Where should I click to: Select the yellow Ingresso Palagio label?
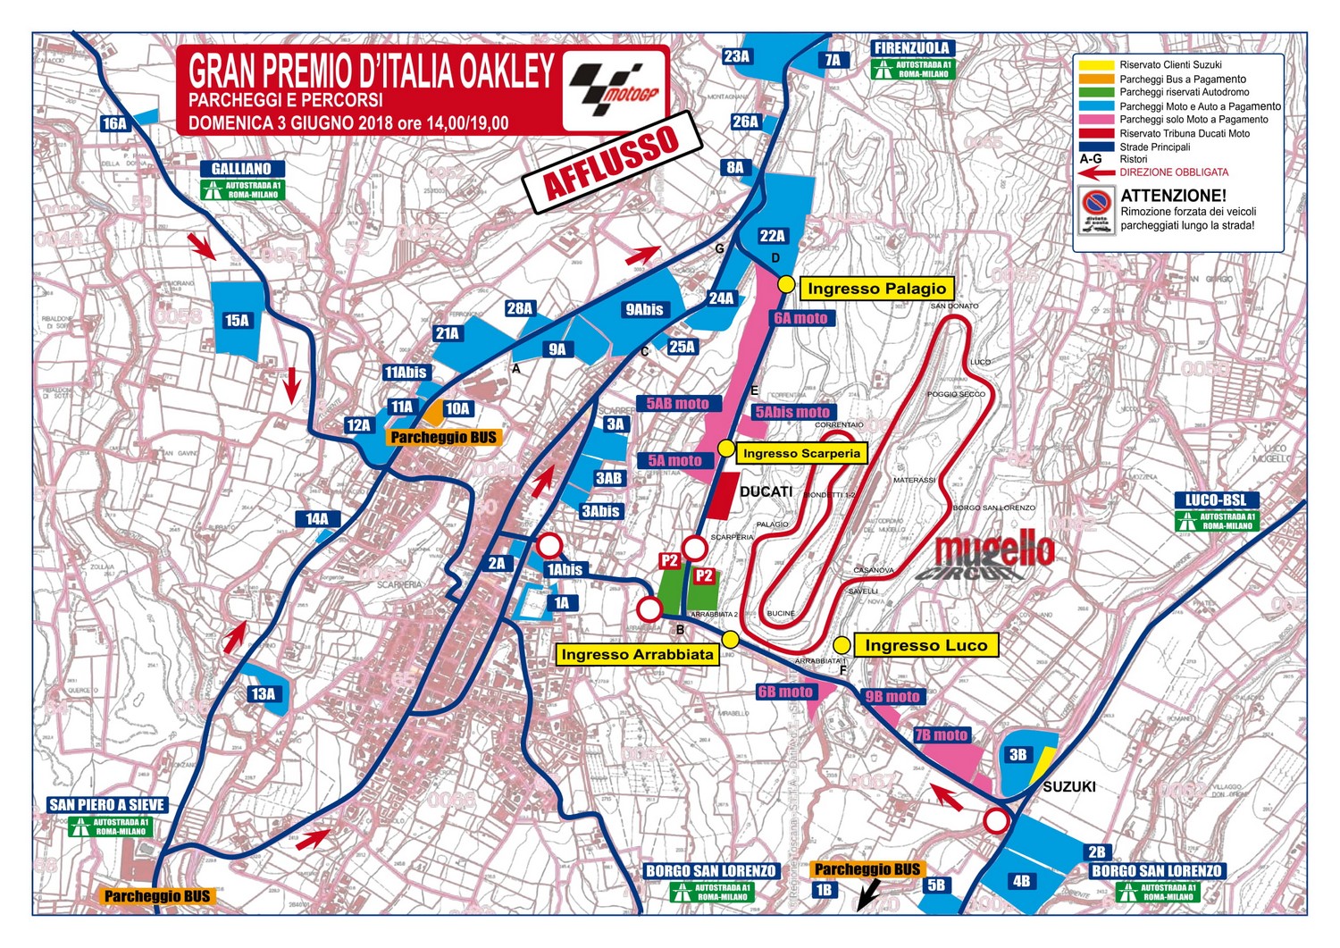pos(876,288)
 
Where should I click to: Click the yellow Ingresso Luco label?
pos(925,645)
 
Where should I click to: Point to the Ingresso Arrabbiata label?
pos(637,654)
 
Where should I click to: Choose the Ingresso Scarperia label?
pos(801,453)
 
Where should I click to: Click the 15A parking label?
pos(237,320)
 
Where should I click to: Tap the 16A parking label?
pos(114,123)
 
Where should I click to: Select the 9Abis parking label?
pos(644,309)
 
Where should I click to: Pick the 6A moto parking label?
pos(800,317)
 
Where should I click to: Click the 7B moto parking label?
pos(941,734)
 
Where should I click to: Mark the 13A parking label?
pos(263,693)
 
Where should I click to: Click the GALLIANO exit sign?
pos(241,168)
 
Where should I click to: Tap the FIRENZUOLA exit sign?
pos(912,48)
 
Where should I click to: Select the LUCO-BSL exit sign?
pos(1216,499)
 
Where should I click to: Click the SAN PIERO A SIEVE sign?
pos(107,804)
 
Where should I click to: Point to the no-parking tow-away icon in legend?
pos(1095,211)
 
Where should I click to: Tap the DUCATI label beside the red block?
pos(766,491)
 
